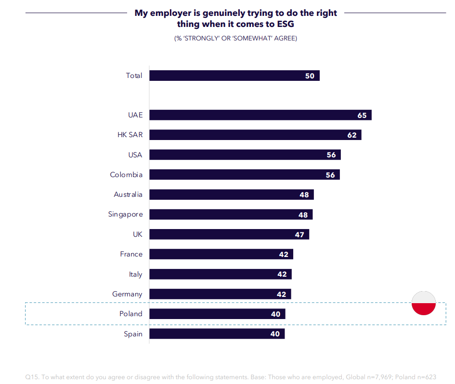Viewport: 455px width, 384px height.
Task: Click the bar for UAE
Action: (260, 115)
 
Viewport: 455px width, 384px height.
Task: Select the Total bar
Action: (234, 76)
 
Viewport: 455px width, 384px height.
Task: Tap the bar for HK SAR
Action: (255, 135)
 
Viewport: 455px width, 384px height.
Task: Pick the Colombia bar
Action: (245, 175)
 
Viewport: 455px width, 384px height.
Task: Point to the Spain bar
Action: (217, 333)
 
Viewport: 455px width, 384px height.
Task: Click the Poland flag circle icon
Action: (424, 304)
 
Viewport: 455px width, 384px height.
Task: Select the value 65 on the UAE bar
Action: (362, 115)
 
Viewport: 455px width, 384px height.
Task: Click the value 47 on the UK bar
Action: (299, 234)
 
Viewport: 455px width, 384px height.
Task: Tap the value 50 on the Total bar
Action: (310, 76)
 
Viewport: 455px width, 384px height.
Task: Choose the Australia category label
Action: (128, 194)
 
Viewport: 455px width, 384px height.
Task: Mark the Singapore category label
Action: (125, 215)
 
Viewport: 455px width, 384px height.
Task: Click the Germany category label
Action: (127, 294)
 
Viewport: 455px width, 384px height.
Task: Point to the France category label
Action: (131, 254)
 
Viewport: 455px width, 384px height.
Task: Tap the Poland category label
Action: (131, 314)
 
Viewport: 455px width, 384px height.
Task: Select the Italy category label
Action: (136, 274)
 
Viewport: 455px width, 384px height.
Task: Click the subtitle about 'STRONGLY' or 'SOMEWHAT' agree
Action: (235, 38)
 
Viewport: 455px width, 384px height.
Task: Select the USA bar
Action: (245, 155)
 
